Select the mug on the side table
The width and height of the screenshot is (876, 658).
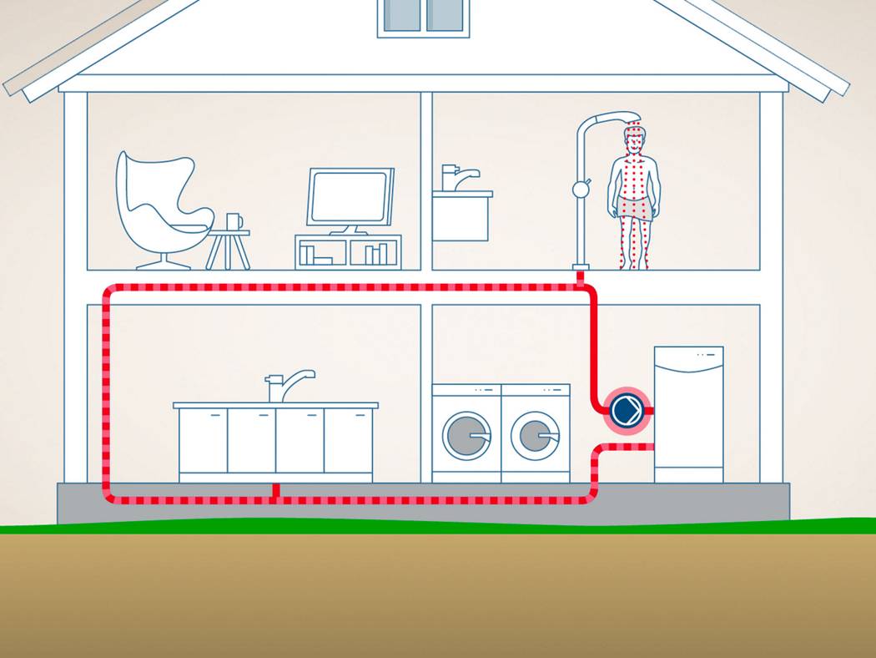click(234, 221)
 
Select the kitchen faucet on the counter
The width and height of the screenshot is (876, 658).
click(287, 383)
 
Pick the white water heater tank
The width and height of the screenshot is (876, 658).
click(688, 413)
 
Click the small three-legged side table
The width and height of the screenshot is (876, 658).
click(228, 247)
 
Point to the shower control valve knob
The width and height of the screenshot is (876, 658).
click(581, 190)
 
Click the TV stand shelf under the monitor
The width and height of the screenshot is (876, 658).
click(348, 251)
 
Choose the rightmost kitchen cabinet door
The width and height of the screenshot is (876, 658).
click(348, 440)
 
